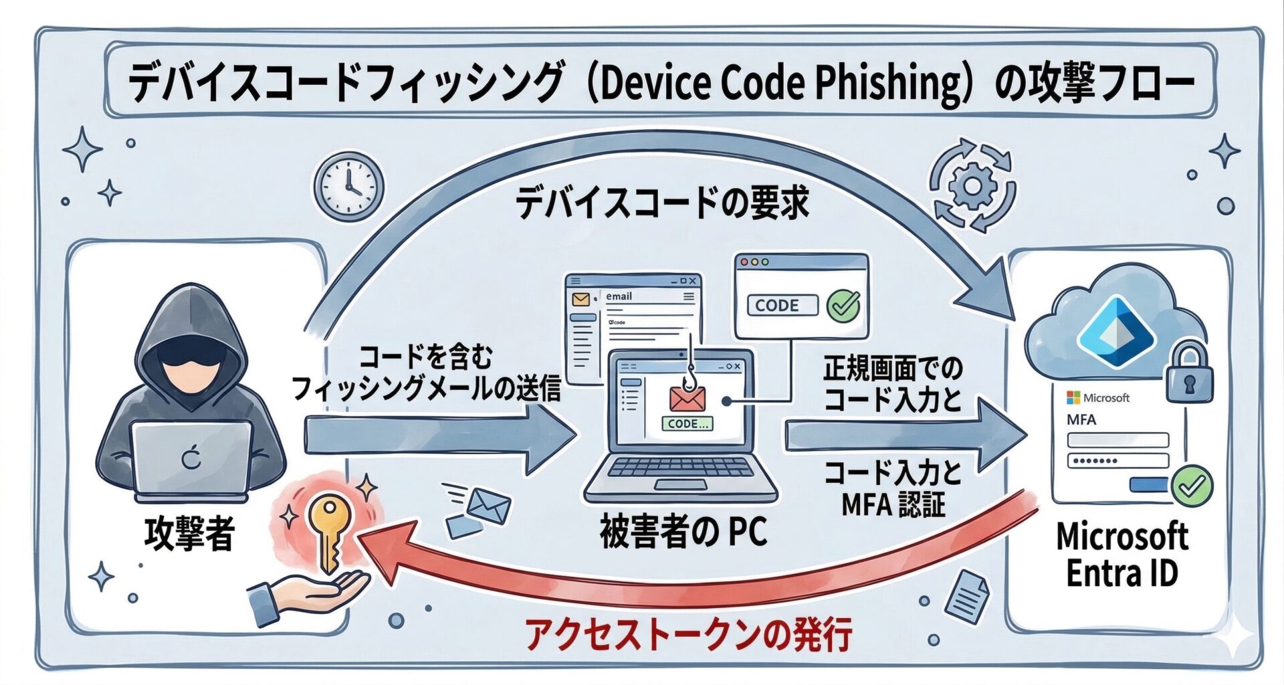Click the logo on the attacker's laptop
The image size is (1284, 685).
pos(191,459)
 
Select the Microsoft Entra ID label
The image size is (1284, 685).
pos(1121,555)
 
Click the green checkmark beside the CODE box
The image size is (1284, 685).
pos(844,305)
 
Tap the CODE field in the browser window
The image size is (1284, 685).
pos(782,306)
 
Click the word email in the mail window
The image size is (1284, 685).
pos(619,296)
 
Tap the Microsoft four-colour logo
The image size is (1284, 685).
pos(1073,397)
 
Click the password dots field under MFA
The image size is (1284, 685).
pos(1117,461)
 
